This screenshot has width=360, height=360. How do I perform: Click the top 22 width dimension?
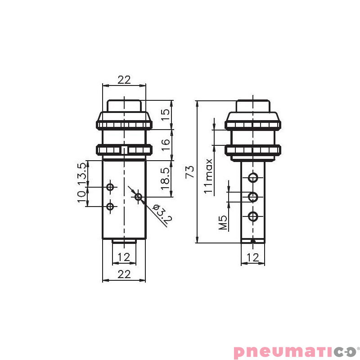pyautogui.click(x=124, y=80)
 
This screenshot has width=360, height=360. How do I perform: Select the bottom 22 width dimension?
pyautogui.click(x=124, y=274)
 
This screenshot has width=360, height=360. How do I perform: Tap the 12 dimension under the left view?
pyautogui.click(x=124, y=257)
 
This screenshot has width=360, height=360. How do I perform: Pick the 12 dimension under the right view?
pyautogui.click(x=253, y=257)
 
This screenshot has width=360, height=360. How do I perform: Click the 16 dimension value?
pyautogui.click(x=166, y=144)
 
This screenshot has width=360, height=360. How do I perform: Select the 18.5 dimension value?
pyautogui.click(x=166, y=178)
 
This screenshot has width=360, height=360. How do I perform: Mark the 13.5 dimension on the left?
pyautogui.click(x=81, y=173)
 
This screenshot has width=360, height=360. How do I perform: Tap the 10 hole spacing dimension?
pyautogui.click(x=81, y=197)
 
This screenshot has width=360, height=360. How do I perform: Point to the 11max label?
pyautogui.click(x=208, y=176)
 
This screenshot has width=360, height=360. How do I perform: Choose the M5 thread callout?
pyautogui.click(x=223, y=222)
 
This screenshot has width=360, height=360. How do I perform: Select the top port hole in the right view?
pyautogui.click(x=253, y=177)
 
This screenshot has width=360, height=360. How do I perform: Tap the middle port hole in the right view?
pyautogui.click(x=253, y=197)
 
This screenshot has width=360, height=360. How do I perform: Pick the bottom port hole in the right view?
pyautogui.click(x=253, y=216)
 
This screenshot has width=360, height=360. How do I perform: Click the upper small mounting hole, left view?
pyautogui.click(x=110, y=186)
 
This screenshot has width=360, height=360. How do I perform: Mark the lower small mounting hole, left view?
pyautogui.click(x=110, y=207)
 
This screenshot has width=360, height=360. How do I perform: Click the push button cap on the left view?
pyautogui.click(x=124, y=106)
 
